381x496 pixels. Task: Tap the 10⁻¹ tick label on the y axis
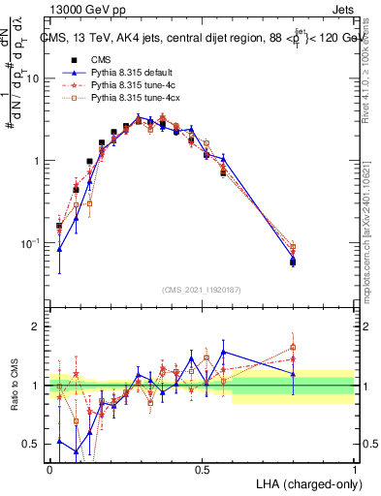(x=33, y=242)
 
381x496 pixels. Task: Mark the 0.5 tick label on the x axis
(x=202, y=470)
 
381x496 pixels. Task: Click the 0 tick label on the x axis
(x=49, y=470)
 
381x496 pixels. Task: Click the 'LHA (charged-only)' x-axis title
(x=302, y=484)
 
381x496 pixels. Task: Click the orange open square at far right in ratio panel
(x=293, y=347)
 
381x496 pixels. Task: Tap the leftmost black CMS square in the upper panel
(x=59, y=226)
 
